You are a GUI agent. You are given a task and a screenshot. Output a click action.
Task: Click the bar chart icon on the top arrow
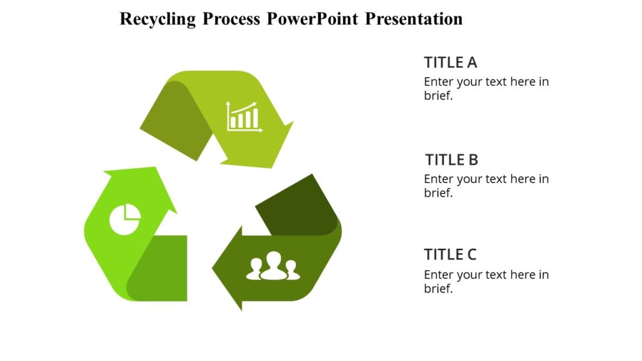[x=244, y=116]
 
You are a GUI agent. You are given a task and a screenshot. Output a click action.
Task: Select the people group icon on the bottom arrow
[x=273, y=266]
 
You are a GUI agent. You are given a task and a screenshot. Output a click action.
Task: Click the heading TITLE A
[x=450, y=62]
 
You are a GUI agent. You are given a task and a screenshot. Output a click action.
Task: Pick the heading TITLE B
[x=451, y=159]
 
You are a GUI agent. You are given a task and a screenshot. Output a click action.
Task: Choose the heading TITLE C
[x=450, y=254]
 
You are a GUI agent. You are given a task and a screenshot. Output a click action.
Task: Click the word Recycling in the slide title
[x=157, y=19]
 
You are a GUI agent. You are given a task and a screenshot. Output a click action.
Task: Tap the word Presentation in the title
[x=414, y=19]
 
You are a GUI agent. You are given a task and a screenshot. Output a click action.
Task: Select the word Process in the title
[x=231, y=19]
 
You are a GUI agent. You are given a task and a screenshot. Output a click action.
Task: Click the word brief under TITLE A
[x=438, y=96]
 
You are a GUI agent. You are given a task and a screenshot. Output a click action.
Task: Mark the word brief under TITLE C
[x=438, y=289]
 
